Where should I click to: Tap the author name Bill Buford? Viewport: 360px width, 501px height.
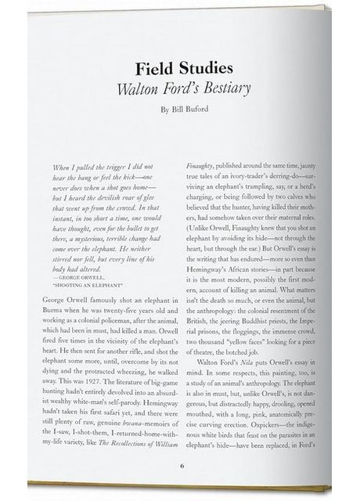188,110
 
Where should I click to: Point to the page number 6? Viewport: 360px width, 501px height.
182,467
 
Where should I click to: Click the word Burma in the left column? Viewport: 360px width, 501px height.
52,310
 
